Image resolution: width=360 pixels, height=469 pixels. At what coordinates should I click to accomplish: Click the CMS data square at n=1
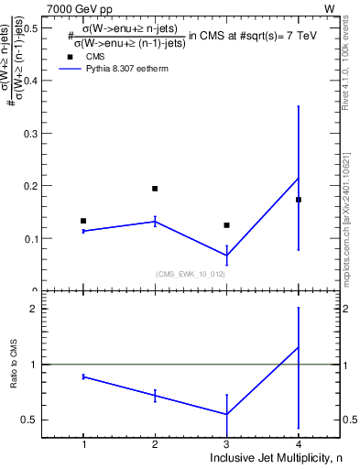point(83,221)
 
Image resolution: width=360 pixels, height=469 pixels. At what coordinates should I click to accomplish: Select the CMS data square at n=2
point(155,189)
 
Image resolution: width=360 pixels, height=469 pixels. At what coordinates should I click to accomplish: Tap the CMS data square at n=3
point(226,225)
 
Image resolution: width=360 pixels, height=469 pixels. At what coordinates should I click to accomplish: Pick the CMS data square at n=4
point(299,200)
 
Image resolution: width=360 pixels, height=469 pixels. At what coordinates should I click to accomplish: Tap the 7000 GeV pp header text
point(80,8)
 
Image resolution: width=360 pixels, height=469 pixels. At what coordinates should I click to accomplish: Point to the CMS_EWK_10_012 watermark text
point(190,273)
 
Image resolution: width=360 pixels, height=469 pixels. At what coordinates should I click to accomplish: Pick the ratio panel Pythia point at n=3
point(226,414)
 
